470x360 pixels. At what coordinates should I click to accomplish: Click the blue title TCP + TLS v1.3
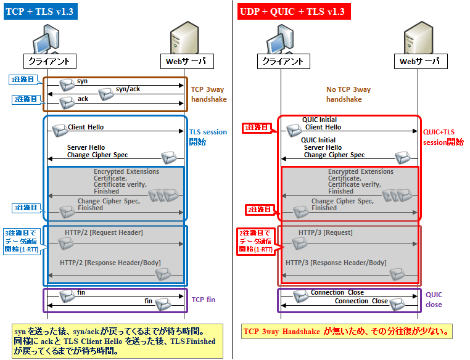point(39,11)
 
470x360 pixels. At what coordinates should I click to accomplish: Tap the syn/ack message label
point(128,89)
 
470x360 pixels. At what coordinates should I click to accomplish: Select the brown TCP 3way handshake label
point(208,94)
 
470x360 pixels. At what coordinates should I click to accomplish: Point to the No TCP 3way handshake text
point(348,94)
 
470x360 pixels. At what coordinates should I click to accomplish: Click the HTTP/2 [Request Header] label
point(104,232)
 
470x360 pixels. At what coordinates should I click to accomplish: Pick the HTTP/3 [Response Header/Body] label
point(336,263)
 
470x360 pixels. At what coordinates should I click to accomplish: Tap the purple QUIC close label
point(435,300)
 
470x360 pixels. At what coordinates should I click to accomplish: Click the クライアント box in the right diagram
point(282,61)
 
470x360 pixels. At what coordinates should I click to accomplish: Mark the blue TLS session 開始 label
point(207,136)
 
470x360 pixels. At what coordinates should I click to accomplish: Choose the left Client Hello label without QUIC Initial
point(86,127)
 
